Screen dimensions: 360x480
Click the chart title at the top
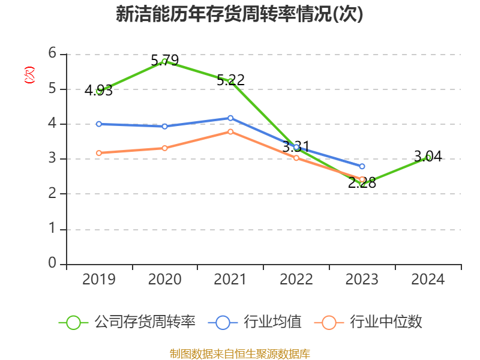[239, 15]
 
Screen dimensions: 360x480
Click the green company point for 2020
[164, 61]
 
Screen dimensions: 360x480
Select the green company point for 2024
[428, 157]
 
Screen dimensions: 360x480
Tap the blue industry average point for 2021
[230, 118]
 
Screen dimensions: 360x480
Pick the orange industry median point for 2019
[98, 153]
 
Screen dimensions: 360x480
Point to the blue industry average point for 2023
[362, 166]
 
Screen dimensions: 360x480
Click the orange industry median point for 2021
[230, 131]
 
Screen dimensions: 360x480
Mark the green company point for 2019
[98, 91]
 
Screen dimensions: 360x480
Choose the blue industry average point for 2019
[98, 124]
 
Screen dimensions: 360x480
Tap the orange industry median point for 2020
[164, 148]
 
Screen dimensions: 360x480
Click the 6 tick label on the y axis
[53, 53]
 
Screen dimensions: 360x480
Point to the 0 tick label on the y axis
[53, 263]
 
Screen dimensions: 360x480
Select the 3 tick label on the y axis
[53, 158]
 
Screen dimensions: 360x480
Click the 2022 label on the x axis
[296, 279]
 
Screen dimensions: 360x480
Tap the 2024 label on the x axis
[428, 279]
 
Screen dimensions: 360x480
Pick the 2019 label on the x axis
[98, 279]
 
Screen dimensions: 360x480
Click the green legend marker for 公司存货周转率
[73, 322]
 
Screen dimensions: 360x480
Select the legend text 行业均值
[272, 322]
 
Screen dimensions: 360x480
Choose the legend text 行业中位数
[386, 322]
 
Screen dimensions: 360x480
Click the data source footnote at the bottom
[239, 353]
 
